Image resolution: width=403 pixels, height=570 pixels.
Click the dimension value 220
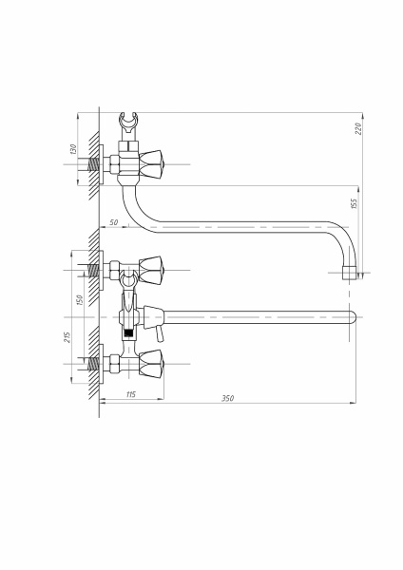pyautogui.click(x=358, y=128)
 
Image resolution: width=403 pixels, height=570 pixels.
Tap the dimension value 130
pyautogui.click(x=73, y=149)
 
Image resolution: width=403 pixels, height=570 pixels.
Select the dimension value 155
pyautogui.click(x=354, y=203)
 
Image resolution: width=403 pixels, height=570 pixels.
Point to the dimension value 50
pyautogui.click(x=114, y=222)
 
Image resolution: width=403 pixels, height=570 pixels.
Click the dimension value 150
pyautogui.click(x=80, y=300)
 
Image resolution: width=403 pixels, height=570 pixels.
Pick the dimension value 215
pyautogui.click(x=67, y=337)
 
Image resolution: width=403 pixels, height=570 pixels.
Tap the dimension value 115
pyautogui.click(x=131, y=394)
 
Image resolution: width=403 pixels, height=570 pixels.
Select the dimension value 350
pyautogui.click(x=228, y=398)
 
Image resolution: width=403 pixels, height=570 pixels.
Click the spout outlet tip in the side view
pyautogui.click(x=350, y=273)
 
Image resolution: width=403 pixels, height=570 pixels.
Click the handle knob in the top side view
pyautogui.click(x=151, y=164)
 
